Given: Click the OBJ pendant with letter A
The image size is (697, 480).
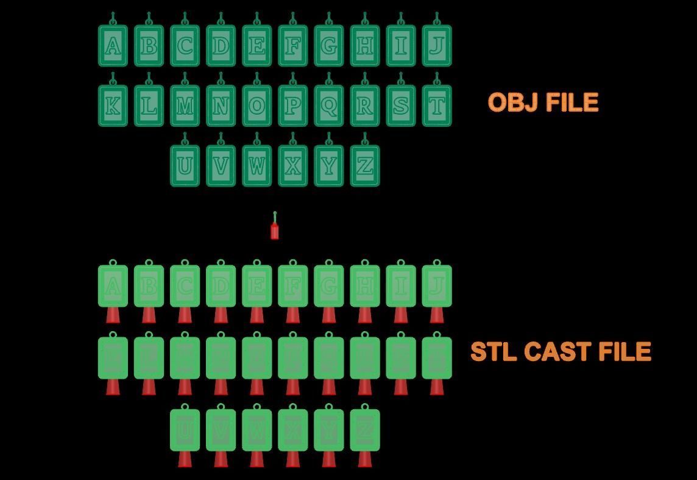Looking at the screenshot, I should click(113, 46).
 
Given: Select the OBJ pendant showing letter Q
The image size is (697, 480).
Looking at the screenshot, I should click(328, 106).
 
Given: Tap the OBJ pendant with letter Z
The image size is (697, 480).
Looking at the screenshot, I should click(364, 166).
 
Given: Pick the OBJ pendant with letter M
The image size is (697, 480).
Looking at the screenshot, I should click(185, 106).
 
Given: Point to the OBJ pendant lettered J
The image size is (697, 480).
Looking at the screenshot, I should click(436, 46).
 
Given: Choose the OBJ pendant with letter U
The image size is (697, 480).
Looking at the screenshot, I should click(185, 166).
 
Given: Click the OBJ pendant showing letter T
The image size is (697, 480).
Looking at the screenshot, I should click(436, 106).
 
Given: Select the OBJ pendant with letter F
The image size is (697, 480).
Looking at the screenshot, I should click(292, 46).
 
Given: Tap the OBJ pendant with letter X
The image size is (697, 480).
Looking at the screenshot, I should click(292, 166).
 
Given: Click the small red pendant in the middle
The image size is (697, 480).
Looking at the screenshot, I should click(274, 231).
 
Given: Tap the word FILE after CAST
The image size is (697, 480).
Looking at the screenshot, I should click(625, 352).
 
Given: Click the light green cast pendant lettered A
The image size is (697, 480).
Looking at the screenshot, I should click(113, 286).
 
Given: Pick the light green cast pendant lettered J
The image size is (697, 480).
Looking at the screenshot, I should click(436, 286).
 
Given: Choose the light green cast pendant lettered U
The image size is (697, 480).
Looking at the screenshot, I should click(185, 430).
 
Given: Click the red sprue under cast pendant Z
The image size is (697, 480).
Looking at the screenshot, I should click(364, 459).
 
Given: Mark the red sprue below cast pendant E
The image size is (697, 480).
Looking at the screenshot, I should click(257, 315).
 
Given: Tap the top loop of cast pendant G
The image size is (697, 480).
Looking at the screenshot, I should click(328, 263).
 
